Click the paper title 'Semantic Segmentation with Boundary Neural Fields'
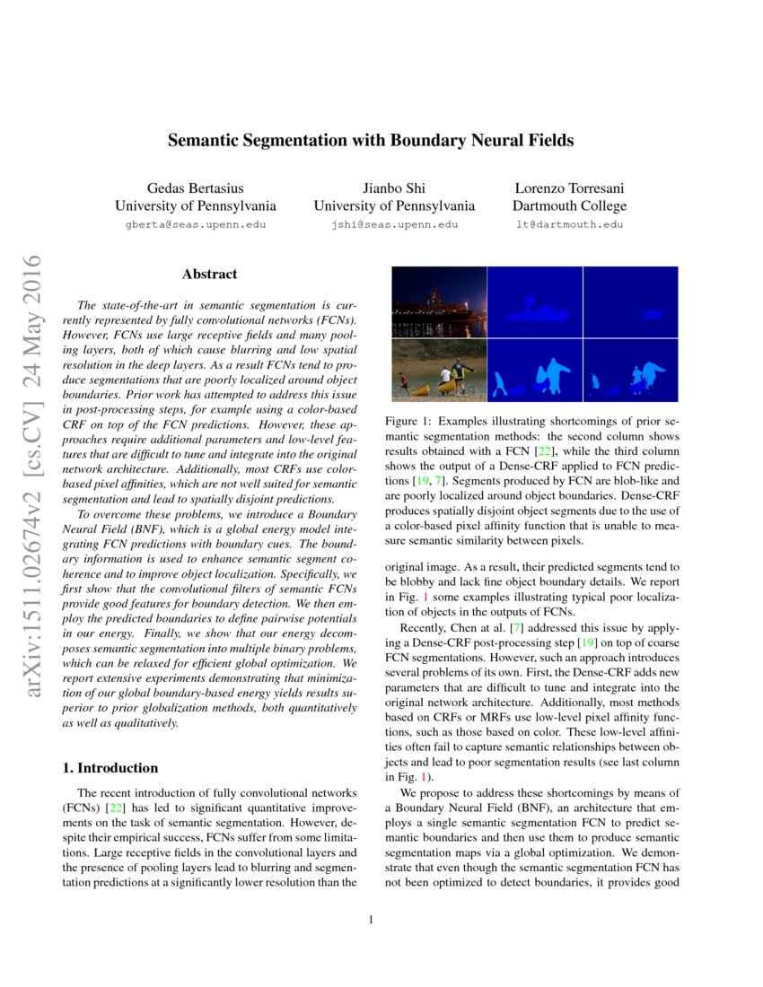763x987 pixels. [x=371, y=141]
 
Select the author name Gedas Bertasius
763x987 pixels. [x=195, y=188]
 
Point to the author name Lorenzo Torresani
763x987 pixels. [x=569, y=188]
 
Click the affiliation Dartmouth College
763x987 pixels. [x=569, y=206]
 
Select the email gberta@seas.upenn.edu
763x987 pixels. [x=195, y=224]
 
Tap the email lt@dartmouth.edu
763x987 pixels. [x=569, y=224]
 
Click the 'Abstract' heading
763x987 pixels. [x=209, y=274]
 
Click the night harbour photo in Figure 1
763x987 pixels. [x=439, y=301]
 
